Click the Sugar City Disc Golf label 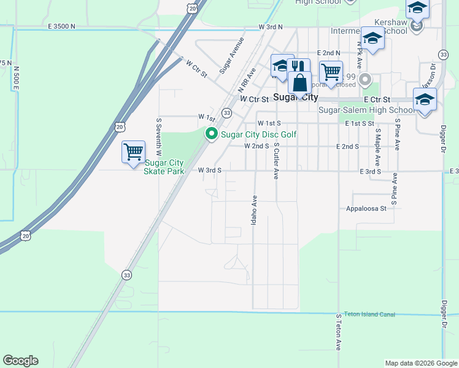259,134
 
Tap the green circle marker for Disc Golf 212,133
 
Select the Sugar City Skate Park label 164,167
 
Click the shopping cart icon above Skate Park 133,151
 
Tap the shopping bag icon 300,82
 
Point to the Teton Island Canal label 369,314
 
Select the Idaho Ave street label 254,209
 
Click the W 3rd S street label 209,170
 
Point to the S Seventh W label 158,136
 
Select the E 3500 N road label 61,27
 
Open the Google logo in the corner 20,361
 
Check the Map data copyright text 420,363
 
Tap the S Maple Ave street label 378,145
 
